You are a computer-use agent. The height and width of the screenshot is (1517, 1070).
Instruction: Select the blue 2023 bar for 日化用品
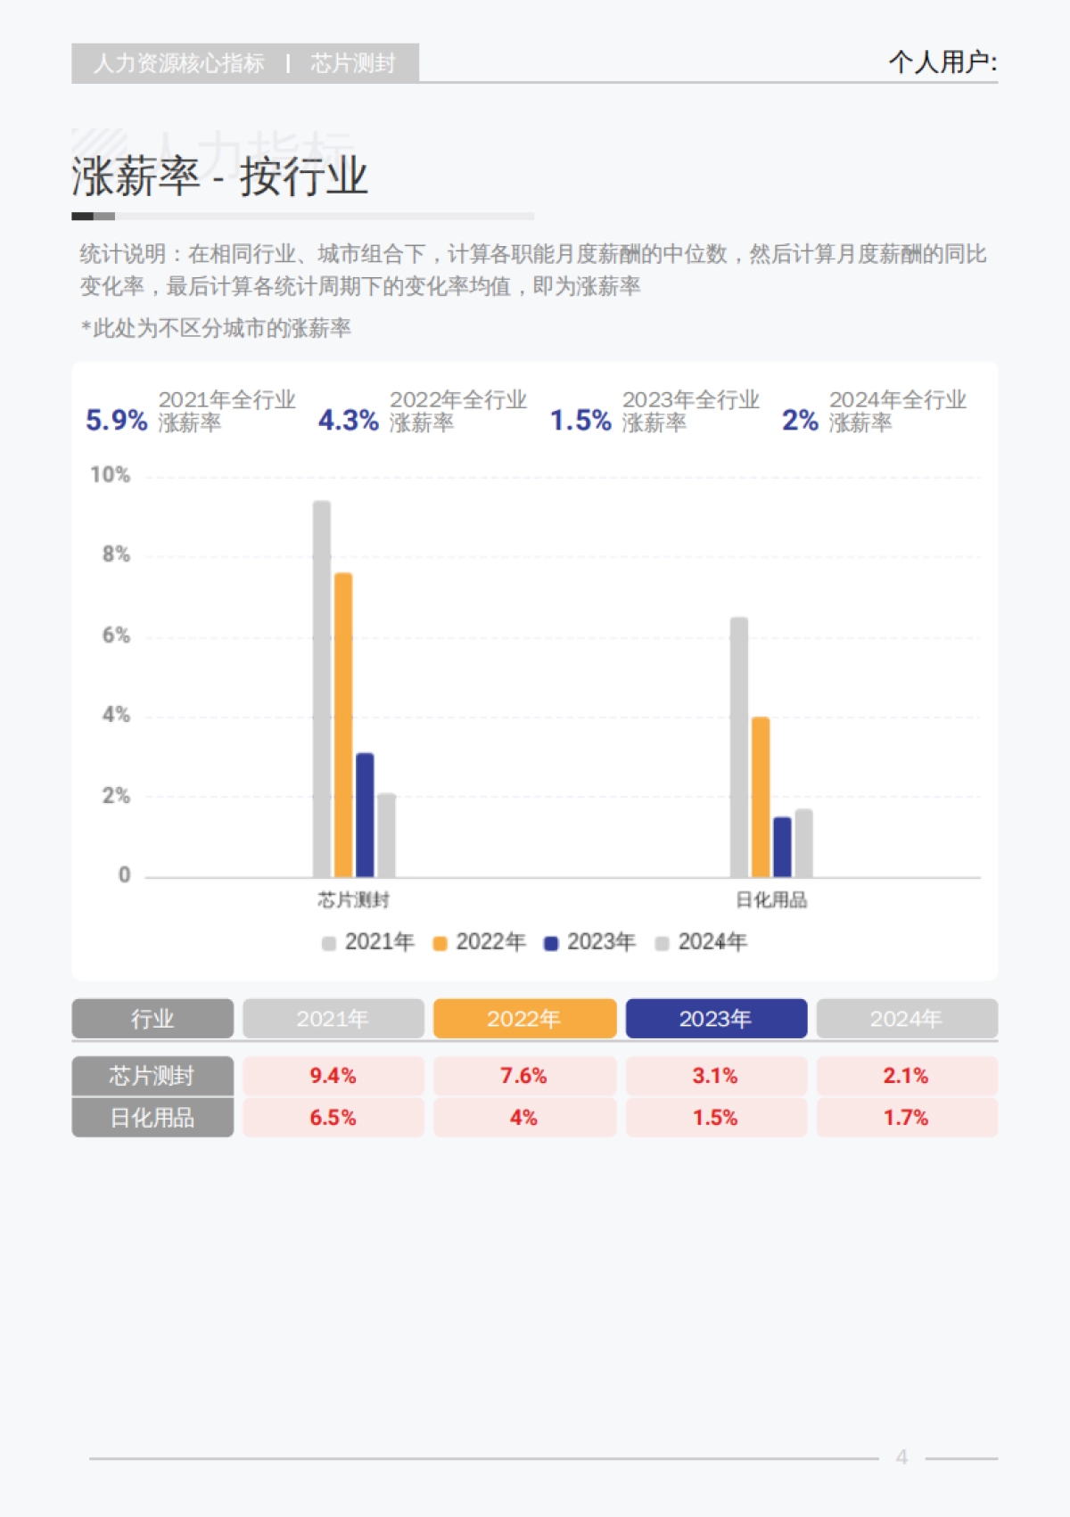(782, 847)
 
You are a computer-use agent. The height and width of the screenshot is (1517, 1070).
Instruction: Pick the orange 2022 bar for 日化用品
(761, 797)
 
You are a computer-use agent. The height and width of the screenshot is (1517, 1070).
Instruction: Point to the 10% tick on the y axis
(111, 475)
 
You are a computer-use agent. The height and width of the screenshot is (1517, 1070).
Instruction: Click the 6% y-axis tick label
(116, 635)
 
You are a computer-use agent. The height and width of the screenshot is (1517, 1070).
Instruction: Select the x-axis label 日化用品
(771, 900)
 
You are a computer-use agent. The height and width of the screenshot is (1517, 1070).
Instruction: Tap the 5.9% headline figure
(116, 420)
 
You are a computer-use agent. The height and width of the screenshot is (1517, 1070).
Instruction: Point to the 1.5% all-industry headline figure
(580, 420)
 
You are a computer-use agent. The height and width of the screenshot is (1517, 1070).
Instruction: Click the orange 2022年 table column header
(524, 1019)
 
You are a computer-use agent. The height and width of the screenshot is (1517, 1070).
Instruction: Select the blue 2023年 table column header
(716, 1019)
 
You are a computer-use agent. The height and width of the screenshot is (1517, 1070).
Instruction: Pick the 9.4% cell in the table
(333, 1076)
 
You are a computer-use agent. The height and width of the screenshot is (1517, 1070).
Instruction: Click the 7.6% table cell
(524, 1076)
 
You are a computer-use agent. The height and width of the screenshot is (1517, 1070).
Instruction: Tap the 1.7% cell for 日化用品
(906, 1118)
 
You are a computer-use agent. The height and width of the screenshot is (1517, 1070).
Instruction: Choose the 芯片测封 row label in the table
(152, 1076)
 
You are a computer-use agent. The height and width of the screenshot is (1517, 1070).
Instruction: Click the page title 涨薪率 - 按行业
(219, 176)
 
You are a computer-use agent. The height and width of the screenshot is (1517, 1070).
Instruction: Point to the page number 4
(901, 1457)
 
